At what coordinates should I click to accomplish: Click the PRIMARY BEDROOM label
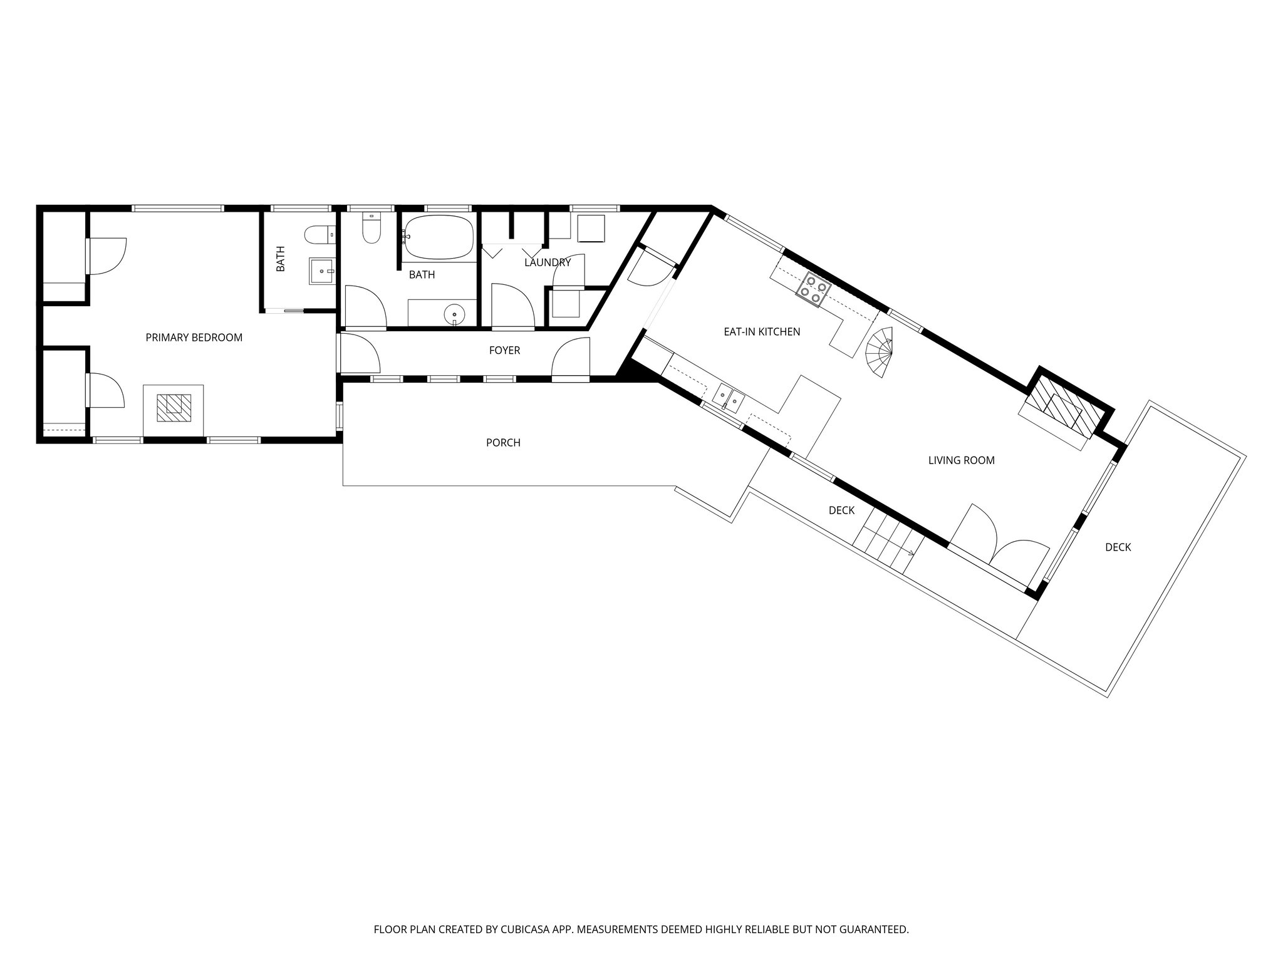click(194, 338)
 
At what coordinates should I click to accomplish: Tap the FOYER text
click(504, 351)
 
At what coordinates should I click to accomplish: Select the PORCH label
click(503, 443)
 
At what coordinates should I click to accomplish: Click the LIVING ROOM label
click(961, 460)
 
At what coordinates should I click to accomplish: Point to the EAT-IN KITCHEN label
click(762, 332)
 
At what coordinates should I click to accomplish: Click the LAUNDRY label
click(548, 262)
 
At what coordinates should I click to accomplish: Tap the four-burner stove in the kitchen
click(813, 289)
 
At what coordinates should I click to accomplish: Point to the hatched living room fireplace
click(1061, 409)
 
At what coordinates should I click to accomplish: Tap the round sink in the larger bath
click(454, 313)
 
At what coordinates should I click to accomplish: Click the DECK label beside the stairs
click(841, 510)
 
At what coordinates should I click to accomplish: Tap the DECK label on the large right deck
click(1118, 547)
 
